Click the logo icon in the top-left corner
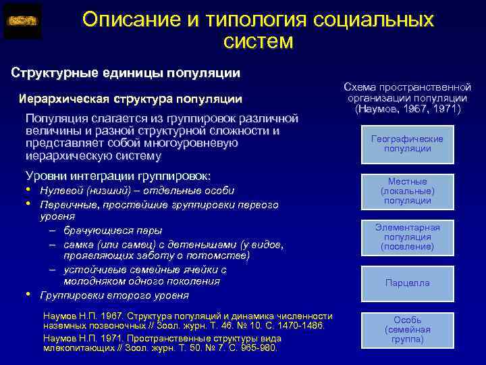(22, 21)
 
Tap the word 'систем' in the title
(258, 42)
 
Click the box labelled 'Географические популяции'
(407, 143)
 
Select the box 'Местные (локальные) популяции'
(407, 191)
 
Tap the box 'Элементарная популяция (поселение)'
(407, 237)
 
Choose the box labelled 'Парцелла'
(407, 283)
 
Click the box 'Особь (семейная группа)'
(407, 329)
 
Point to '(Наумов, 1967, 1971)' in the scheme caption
(407, 109)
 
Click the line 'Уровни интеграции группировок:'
(117, 175)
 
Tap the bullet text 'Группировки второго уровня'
(114, 295)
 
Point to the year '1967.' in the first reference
(110, 316)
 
